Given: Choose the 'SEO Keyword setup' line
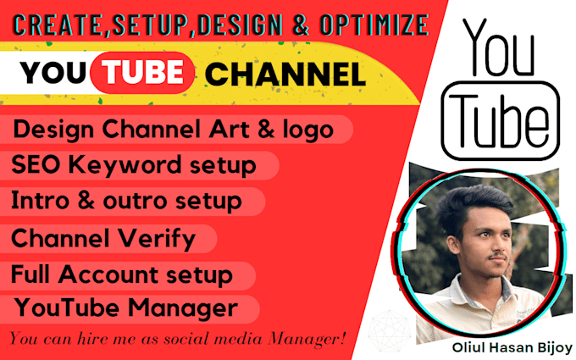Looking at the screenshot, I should click(x=134, y=165).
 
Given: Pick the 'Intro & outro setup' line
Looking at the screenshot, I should click(x=126, y=202).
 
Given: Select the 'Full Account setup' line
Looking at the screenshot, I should click(x=121, y=274).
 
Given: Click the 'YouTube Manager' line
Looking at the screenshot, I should click(x=124, y=306).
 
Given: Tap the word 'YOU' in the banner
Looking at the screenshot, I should click(x=56, y=75).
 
